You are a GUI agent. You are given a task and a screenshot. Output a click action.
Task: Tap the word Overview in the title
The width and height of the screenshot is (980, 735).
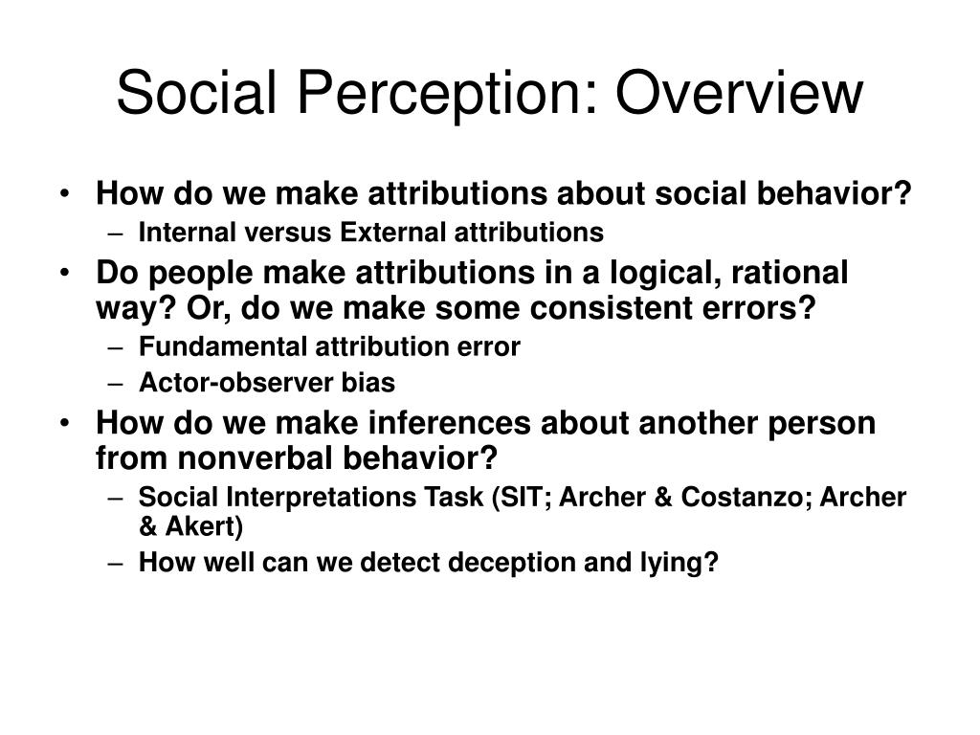tap(740, 92)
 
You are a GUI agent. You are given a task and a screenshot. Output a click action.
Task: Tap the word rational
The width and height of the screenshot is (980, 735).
tap(790, 273)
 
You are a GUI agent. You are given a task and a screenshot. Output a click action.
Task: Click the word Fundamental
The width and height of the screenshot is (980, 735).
tap(222, 346)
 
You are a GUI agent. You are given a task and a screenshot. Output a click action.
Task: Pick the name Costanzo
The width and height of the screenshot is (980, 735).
tap(746, 497)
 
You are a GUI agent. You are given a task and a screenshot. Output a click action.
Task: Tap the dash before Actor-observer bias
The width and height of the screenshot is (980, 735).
tap(115, 384)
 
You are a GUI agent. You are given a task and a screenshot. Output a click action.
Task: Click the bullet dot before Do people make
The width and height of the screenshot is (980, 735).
tap(64, 273)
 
